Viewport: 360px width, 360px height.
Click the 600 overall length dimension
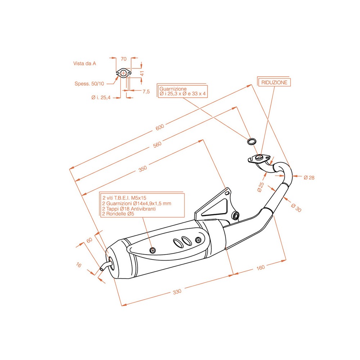160,127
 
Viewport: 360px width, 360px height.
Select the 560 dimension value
157,144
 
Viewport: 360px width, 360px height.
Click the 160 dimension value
261,267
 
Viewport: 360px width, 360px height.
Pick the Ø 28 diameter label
309,177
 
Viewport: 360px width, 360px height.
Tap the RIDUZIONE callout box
274,82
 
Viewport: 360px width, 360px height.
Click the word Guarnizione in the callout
173,89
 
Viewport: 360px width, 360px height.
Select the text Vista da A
85,63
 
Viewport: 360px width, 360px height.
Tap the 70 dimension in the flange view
123,59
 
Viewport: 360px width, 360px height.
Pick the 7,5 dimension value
146,92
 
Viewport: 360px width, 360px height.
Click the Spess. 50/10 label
89,84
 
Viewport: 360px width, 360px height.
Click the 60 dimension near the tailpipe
89,240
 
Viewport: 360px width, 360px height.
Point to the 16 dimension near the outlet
79,265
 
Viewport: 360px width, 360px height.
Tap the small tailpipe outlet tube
105,265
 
